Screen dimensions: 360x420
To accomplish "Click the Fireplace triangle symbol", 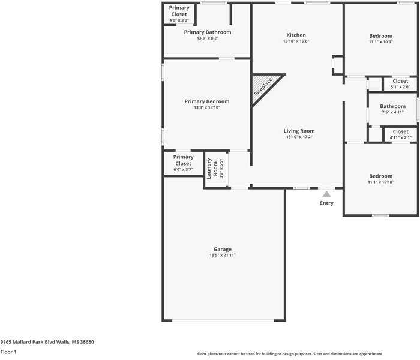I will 262,88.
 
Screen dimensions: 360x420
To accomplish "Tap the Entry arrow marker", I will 326,194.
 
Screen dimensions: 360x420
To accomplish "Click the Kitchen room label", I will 296,35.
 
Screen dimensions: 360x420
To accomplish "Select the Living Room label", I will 299,131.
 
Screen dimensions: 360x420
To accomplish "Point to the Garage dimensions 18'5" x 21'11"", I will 223,255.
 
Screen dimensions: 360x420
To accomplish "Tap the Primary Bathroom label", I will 207,32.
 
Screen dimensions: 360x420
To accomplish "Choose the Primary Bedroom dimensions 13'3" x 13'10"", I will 207,107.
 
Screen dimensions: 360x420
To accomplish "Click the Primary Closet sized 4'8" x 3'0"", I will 179,11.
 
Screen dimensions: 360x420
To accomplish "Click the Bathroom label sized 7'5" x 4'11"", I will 392,106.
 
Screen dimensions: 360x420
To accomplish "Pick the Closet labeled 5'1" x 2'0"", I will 400,81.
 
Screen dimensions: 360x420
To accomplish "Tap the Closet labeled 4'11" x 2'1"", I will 400,131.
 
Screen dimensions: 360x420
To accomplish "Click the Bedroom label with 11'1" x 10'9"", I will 380,36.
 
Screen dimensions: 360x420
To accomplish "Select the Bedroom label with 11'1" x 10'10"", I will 380,176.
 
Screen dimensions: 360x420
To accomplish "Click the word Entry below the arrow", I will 326,203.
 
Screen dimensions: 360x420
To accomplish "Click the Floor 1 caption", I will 8,352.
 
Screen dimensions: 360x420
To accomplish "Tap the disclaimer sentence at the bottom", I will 290,354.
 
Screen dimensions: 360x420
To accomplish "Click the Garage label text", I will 223,249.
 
